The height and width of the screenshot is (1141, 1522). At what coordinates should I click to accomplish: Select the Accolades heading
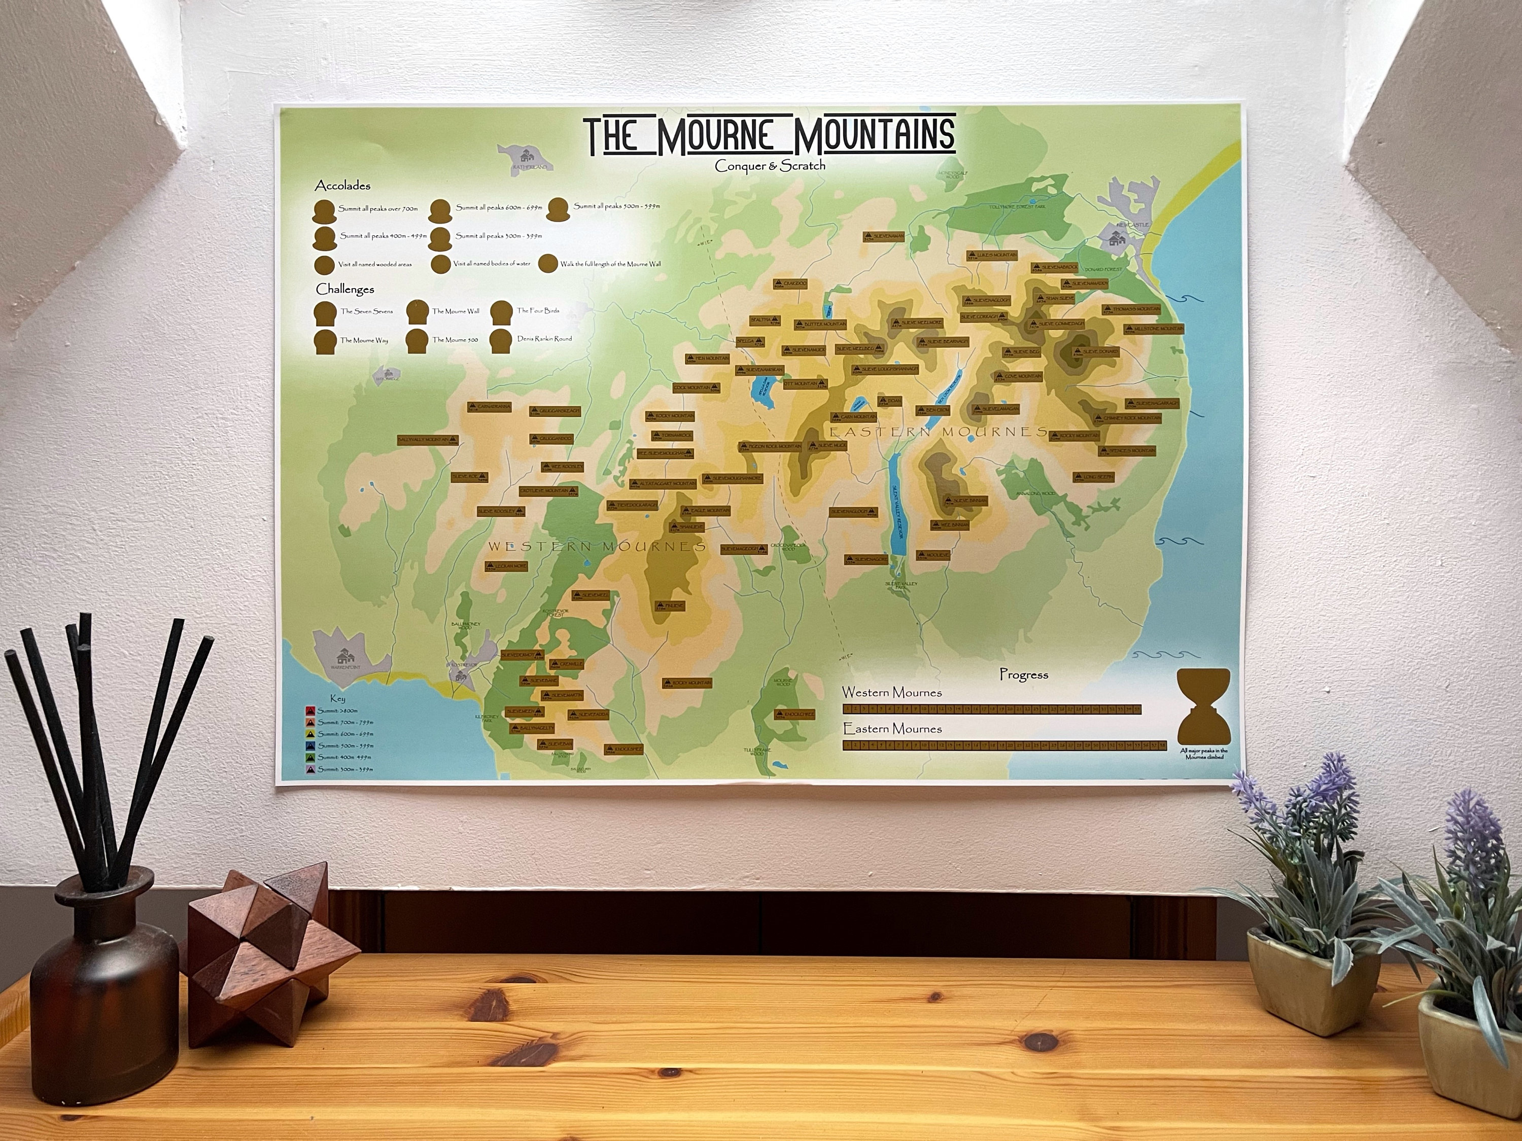tap(342, 186)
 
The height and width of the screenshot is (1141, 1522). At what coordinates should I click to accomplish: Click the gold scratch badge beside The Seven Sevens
tap(325, 312)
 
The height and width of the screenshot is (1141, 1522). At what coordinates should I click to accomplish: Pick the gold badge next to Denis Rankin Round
tap(502, 340)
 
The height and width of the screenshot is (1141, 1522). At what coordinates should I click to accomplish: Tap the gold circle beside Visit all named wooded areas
tap(324, 265)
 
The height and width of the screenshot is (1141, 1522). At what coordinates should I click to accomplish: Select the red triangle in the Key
tap(310, 710)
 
